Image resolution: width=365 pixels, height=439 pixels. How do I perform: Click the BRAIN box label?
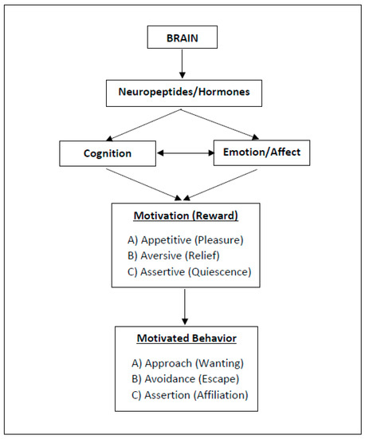pyautogui.click(x=182, y=38)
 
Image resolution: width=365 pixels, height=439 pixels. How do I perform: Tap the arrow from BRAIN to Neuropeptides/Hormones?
pyautogui.click(x=182, y=64)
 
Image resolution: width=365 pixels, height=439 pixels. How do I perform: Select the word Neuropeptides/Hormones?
pyautogui.click(x=184, y=92)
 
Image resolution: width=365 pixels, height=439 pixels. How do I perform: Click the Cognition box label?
pyautogui.click(x=108, y=153)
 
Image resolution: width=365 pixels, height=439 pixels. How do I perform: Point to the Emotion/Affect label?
pyautogui.click(x=261, y=152)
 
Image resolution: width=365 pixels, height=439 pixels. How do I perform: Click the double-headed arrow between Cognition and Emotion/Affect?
pyautogui.click(x=186, y=153)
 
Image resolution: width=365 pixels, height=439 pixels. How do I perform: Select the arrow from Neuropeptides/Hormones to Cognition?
pyautogui.click(x=144, y=125)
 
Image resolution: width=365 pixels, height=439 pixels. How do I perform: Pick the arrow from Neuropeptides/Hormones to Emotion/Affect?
pyautogui.click(x=220, y=125)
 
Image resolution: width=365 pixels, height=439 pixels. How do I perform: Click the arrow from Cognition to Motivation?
pyautogui.click(x=144, y=184)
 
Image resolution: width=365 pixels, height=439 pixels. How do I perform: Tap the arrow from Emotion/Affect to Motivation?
pyautogui.click(x=220, y=185)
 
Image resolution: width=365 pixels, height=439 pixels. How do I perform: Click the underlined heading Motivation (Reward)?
pyautogui.click(x=186, y=216)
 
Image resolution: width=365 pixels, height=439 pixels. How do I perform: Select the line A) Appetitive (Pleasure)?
pyautogui.click(x=186, y=240)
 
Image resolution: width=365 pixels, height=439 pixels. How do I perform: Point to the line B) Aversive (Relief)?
pyautogui.click(x=173, y=256)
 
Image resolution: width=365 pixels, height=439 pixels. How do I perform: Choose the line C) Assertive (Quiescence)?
pyautogui.click(x=189, y=272)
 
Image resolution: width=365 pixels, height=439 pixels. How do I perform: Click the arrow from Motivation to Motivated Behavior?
pyautogui.click(x=185, y=307)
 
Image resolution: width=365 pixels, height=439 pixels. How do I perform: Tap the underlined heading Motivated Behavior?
pyautogui.click(x=186, y=338)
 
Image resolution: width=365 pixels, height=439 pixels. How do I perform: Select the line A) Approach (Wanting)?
pyautogui.click(x=187, y=363)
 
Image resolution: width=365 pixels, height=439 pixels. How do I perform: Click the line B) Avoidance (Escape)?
pyautogui.click(x=186, y=379)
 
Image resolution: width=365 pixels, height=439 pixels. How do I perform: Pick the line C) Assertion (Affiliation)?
pyautogui.click(x=190, y=395)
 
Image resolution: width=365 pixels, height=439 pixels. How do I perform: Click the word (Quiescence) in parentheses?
pyautogui.click(x=220, y=272)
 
